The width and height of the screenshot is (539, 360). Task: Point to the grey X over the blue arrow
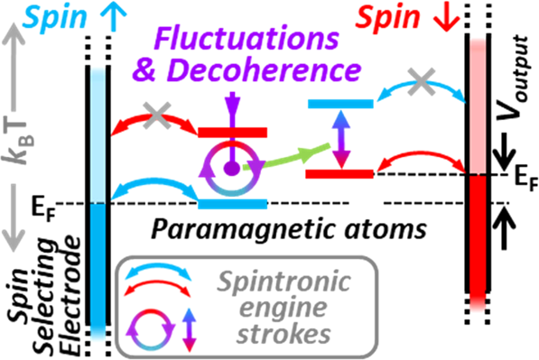point(418,82)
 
